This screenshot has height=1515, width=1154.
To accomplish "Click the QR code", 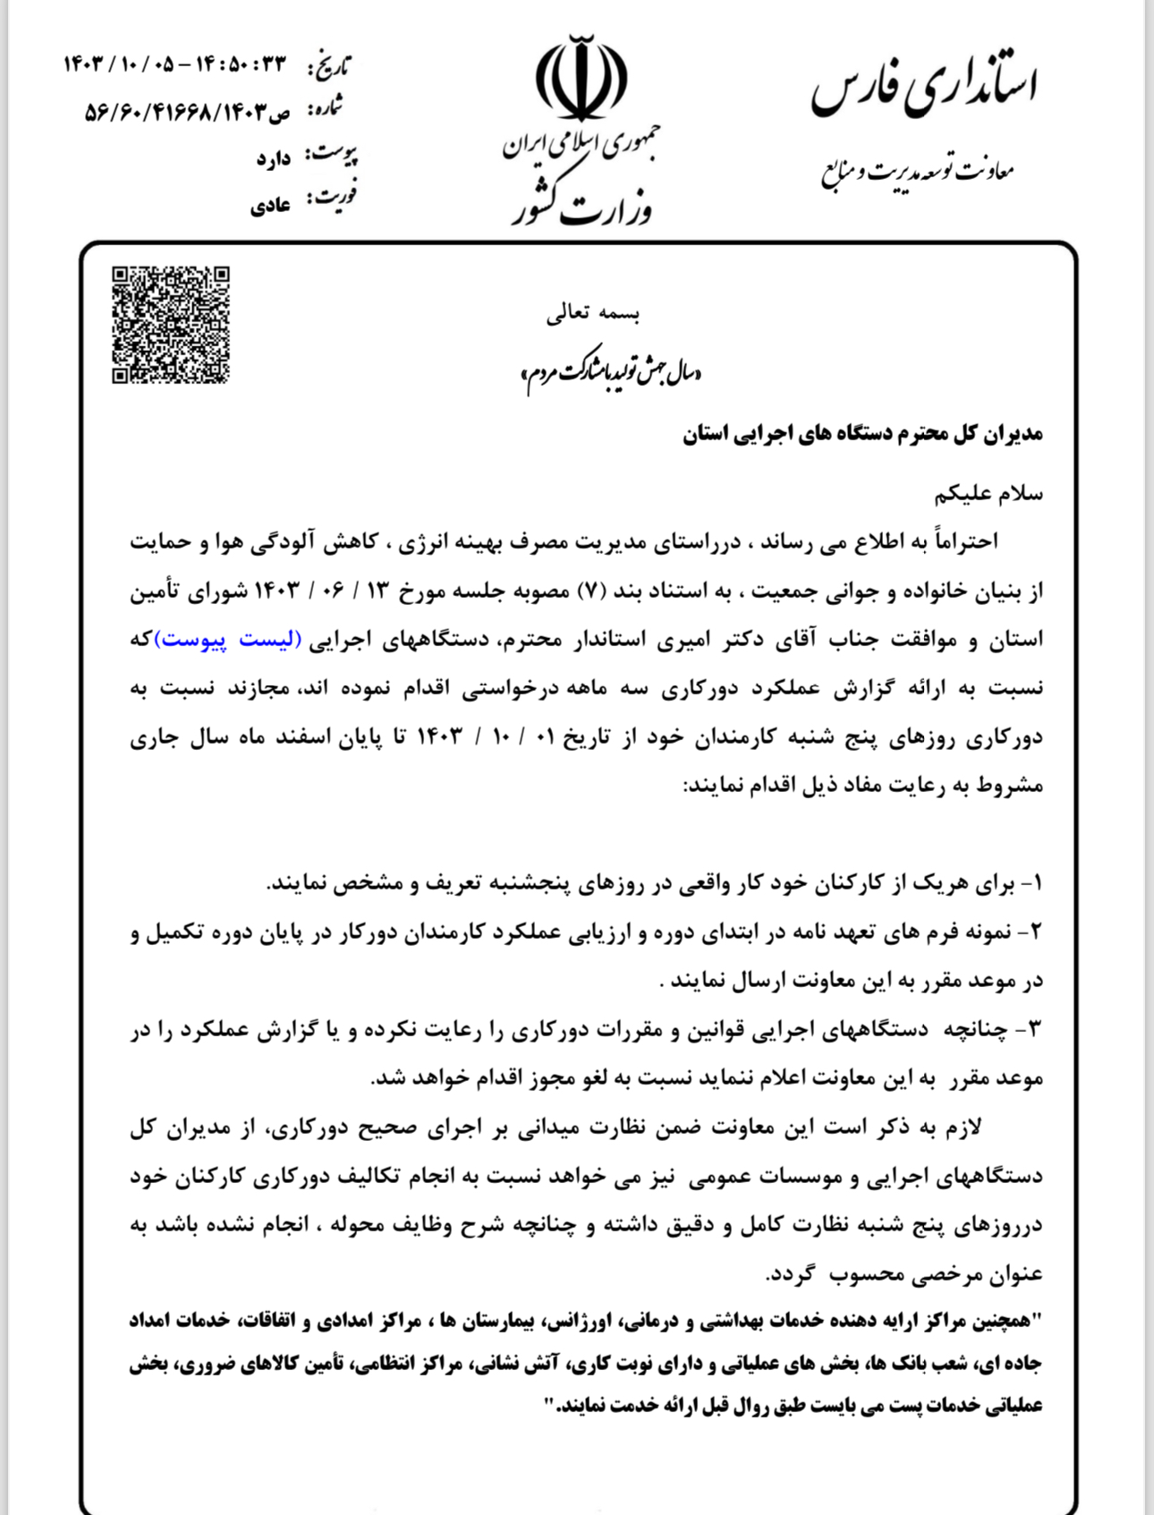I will coord(170,325).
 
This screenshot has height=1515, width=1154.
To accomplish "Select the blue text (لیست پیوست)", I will coord(228,640).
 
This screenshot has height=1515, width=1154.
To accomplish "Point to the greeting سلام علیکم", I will coord(989,493).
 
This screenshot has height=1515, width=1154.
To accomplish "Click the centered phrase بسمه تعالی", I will coord(593,313).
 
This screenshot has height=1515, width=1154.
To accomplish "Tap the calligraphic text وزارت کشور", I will coord(581,205).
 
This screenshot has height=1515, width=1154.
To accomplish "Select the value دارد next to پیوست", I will coord(274,158).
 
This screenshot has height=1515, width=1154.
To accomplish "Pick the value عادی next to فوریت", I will coord(270,206).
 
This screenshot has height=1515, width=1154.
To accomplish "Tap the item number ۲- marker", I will coord(1031,932).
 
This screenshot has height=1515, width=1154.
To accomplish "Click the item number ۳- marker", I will coord(1031,1029).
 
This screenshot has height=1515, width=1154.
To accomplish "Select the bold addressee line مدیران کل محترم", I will coord(862,435).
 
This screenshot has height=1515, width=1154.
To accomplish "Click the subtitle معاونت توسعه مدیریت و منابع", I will coord(918,171).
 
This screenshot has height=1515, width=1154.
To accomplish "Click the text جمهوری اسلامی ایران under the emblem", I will coord(581,145).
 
